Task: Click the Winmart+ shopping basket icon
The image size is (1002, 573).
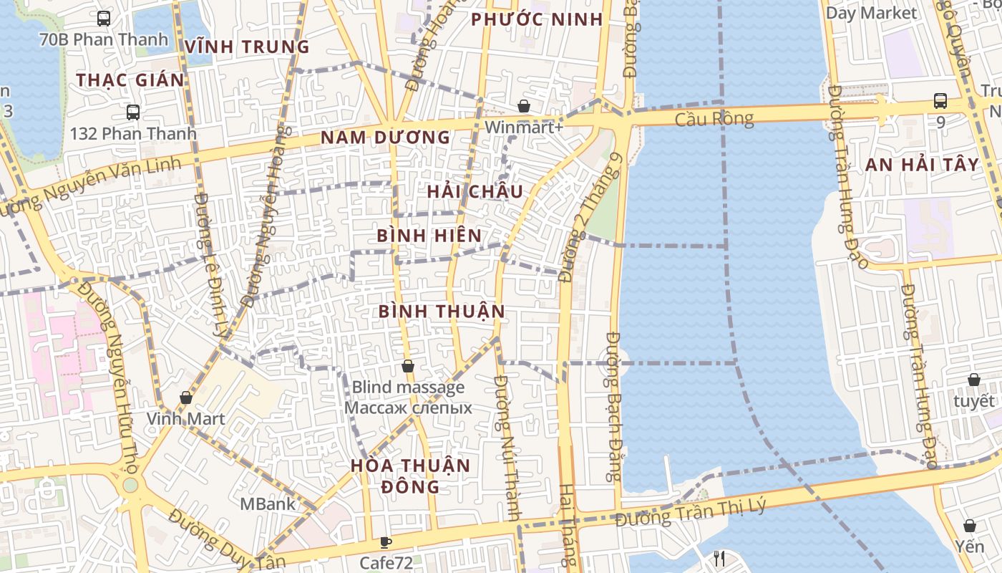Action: tap(524, 106)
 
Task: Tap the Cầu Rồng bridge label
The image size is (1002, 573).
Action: tap(714, 119)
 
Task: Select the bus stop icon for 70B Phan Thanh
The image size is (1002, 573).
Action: tap(104, 19)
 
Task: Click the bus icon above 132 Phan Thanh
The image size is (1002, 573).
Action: tap(133, 112)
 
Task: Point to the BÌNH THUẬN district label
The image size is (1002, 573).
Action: tap(442, 311)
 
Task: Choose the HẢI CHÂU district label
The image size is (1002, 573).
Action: tap(475, 191)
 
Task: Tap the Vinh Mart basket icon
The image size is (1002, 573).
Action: tap(186, 398)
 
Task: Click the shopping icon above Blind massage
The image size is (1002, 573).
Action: tap(408, 367)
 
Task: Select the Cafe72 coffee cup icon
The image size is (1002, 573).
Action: tap(386, 542)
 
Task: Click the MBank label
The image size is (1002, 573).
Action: tap(267, 504)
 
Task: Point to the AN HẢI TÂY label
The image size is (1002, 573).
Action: tap(922, 165)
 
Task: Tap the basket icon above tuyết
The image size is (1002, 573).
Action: tap(973, 380)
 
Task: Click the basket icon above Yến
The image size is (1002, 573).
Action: tap(969, 526)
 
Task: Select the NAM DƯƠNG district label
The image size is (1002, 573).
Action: tap(385, 138)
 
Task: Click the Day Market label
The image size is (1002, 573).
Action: tap(871, 13)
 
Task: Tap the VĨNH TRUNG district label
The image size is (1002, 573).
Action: tap(247, 47)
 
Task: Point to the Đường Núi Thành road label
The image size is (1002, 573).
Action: tap(509, 448)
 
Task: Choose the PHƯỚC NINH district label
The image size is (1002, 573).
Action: tap(537, 19)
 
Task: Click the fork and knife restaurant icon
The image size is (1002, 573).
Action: tap(720, 558)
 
